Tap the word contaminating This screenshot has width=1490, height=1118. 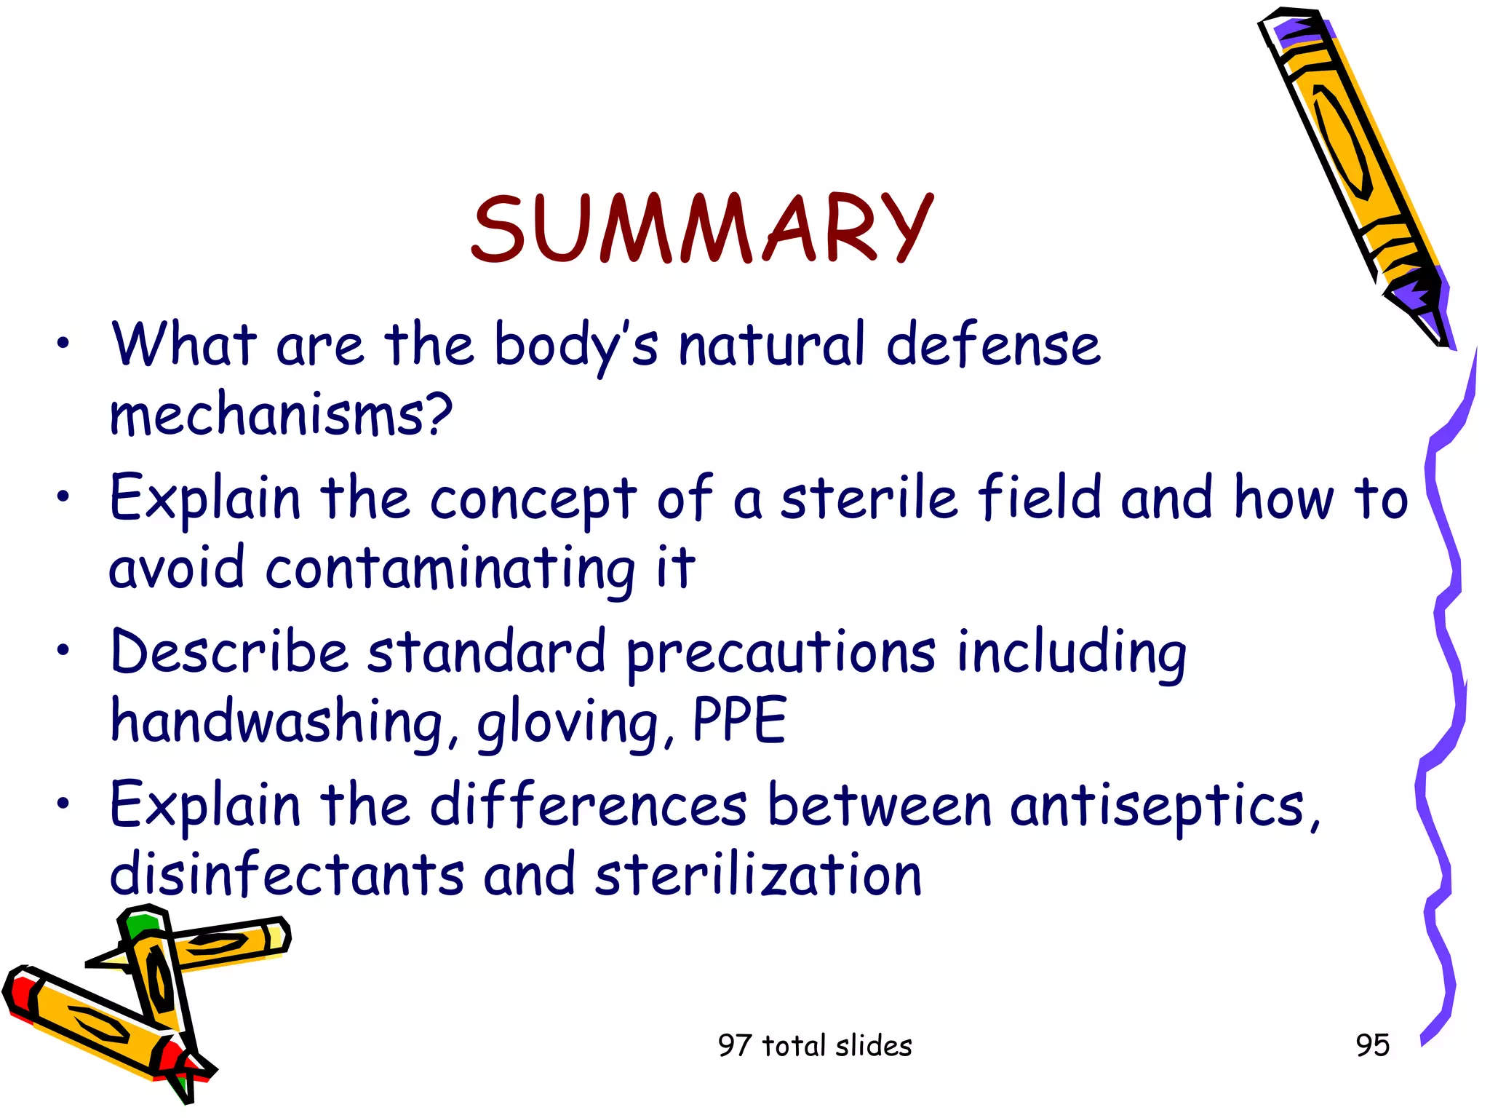[x=450, y=569]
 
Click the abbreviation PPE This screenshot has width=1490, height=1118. [x=739, y=720]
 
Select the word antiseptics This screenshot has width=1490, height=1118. [x=1165, y=806]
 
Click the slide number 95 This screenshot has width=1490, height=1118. [x=1372, y=1045]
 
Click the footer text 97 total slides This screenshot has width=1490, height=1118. [x=815, y=1046]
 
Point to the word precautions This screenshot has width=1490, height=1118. [x=781, y=653]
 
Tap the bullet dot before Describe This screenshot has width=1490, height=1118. [x=64, y=650]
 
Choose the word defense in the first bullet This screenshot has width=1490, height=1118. [x=993, y=345]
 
